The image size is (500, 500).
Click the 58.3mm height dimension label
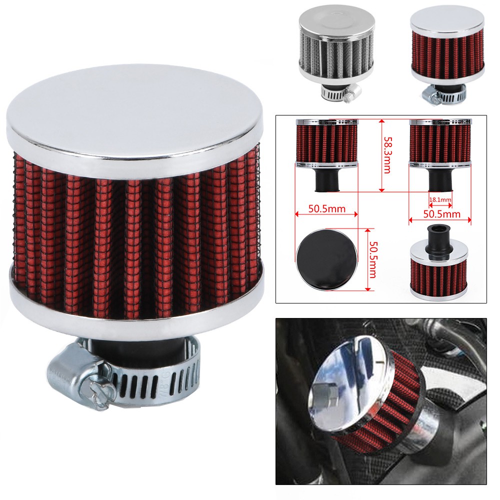387,155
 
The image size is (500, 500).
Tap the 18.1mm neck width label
440,200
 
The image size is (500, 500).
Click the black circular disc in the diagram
325,259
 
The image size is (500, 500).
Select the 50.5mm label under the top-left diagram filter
327,208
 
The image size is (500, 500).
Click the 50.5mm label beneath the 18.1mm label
441,213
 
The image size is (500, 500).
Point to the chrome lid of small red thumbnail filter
447,23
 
